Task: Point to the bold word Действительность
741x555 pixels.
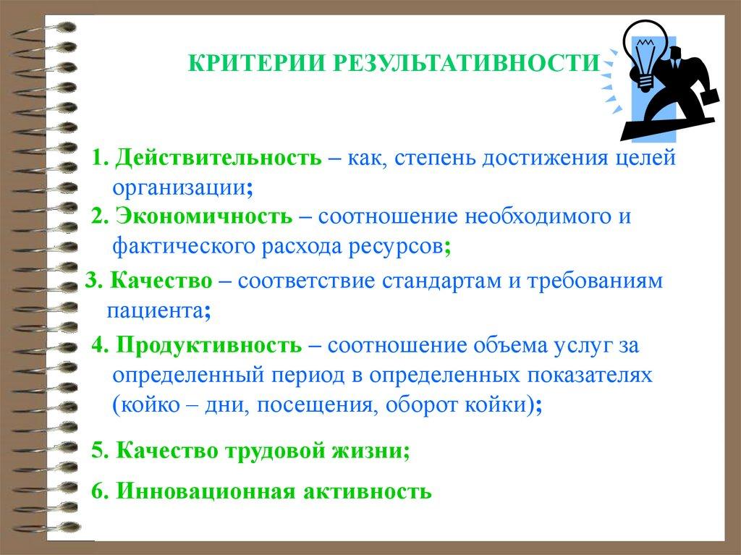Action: [x=219, y=158]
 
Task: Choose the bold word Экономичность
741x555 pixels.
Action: [x=204, y=216]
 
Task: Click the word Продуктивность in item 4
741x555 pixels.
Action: [x=209, y=345]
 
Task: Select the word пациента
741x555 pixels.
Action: [x=156, y=312]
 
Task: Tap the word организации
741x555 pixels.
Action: [x=179, y=188]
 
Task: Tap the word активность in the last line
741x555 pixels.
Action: [x=367, y=491]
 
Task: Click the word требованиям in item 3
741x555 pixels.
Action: [x=595, y=281]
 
